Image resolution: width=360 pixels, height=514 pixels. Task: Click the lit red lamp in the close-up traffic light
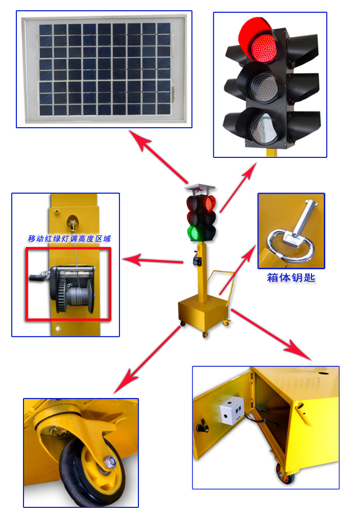(x=263, y=49)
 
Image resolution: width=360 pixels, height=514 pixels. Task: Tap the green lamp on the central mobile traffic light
(x=193, y=233)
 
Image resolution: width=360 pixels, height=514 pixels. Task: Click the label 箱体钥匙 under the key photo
(x=291, y=277)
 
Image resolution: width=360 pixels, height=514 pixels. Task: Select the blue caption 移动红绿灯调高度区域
(x=69, y=239)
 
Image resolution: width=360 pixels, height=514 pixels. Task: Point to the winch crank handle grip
(x=36, y=277)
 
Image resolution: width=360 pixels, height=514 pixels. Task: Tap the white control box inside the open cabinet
(x=232, y=410)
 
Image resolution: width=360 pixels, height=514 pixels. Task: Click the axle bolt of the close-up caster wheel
(x=110, y=462)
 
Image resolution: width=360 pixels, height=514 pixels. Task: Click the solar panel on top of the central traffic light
(x=200, y=188)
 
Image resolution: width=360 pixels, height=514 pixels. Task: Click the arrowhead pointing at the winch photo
(x=132, y=260)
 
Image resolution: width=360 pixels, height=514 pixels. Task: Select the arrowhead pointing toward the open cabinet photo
(x=299, y=351)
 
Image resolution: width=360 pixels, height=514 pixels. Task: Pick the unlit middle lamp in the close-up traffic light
(x=264, y=87)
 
